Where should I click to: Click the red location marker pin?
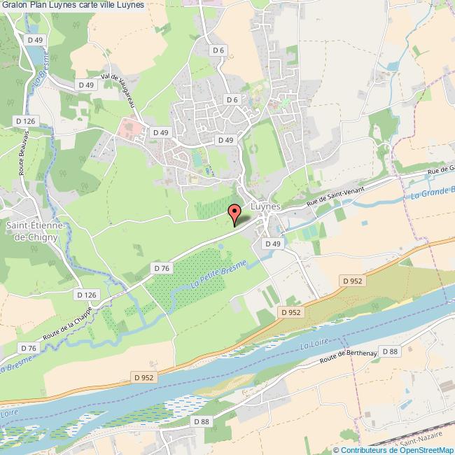point(234,212)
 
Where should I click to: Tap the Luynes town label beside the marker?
point(265,208)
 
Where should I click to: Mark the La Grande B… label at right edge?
point(431,190)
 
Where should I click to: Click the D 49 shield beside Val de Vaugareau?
point(86,85)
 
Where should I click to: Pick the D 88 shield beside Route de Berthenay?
point(390,351)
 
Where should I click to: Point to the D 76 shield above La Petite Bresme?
point(161,267)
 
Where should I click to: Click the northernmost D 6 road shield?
point(218,50)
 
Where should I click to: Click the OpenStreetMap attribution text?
point(395,450)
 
